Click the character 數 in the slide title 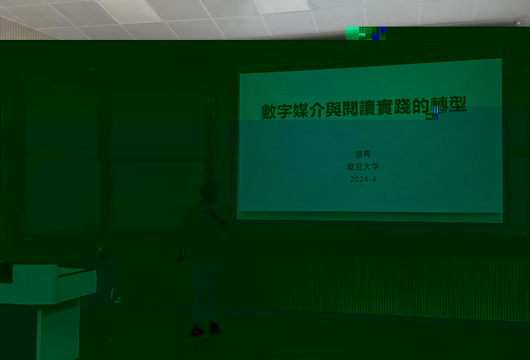[268, 111]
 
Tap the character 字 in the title [285, 111]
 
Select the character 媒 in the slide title [301, 111]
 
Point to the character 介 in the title [317, 110]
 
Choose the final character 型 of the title [458, 104]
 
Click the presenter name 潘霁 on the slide [363, 155]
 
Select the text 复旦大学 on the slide [363, 167]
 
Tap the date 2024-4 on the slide [363, 180]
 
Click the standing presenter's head [209, 193]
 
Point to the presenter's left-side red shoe [196, 331]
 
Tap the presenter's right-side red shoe [214, 328]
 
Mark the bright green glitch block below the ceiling [352, 33]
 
